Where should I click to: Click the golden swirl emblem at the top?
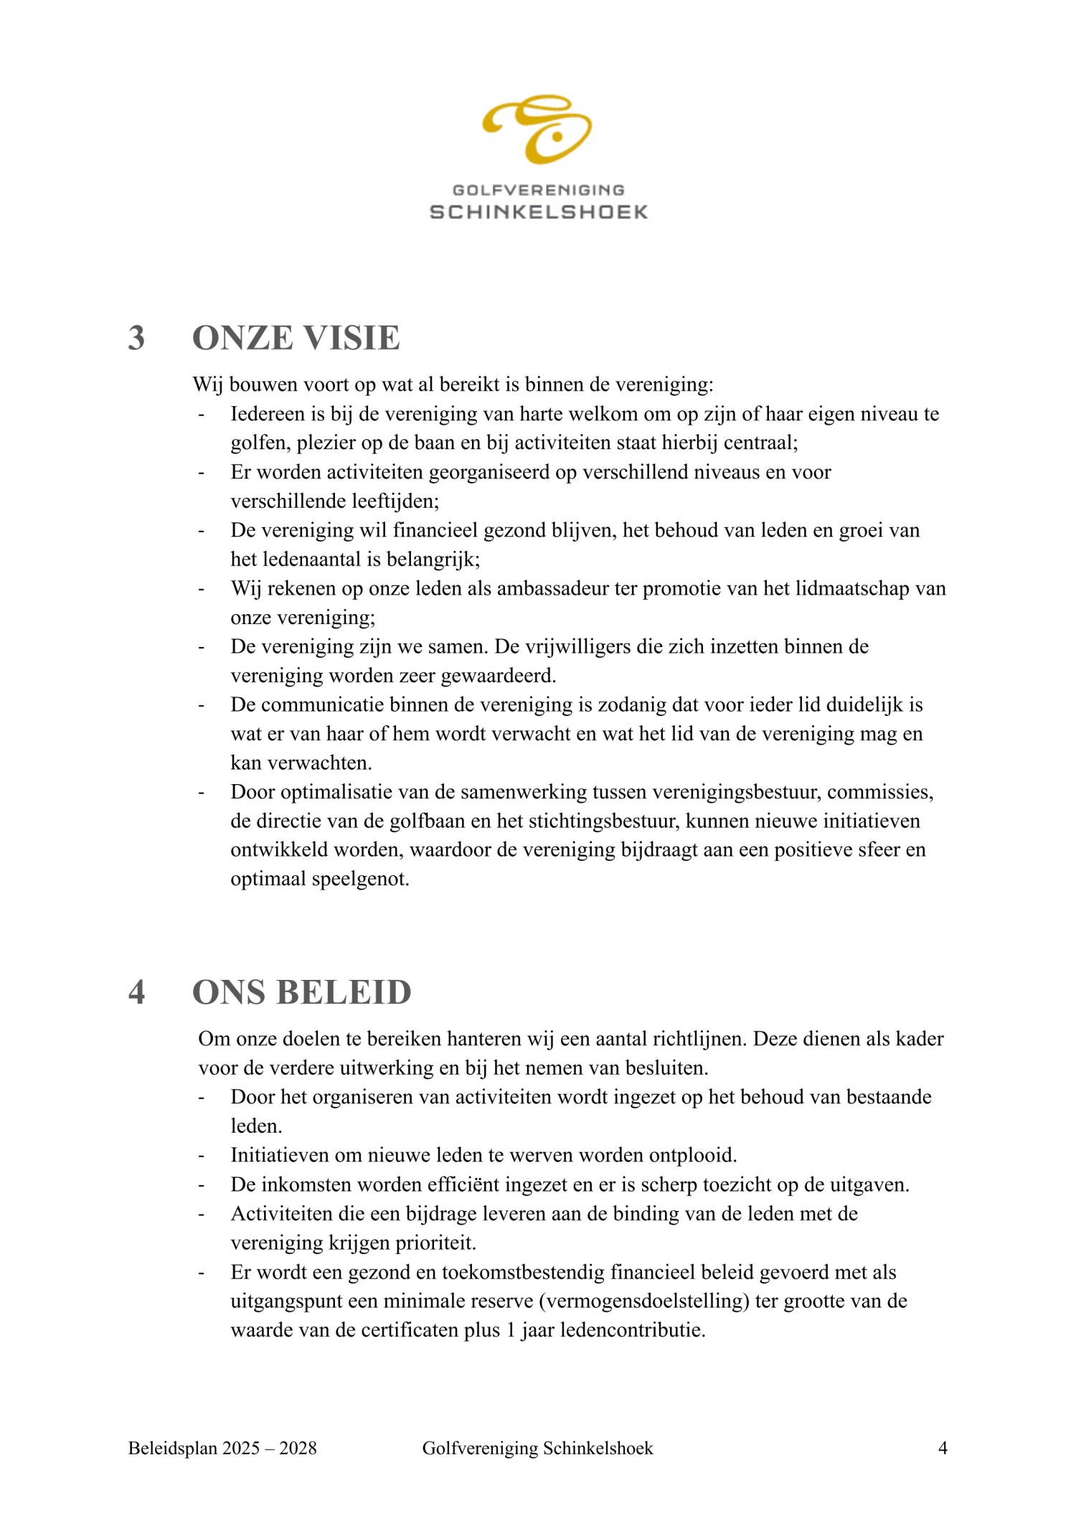tap(537, 128)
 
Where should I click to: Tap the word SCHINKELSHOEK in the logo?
tap(538, 212)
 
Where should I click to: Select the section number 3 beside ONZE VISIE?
tap(136, 338)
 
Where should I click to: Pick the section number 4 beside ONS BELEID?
tap(136, 992)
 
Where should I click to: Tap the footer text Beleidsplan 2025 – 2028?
tap(222, 1448)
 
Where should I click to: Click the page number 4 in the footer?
tap(943, 1448)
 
